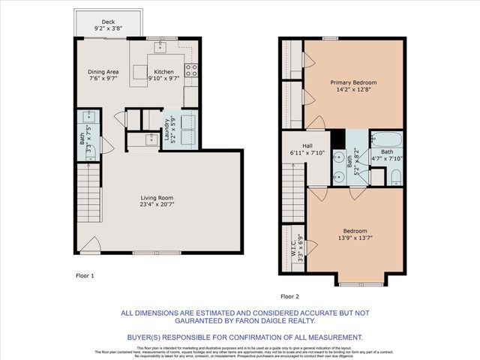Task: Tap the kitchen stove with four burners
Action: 191,73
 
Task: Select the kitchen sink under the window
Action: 160,47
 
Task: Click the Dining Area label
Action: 103,72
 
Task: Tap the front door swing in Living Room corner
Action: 91,244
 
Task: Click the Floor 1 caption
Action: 85,276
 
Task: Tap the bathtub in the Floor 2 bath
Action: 386,140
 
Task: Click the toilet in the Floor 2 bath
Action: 396,177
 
